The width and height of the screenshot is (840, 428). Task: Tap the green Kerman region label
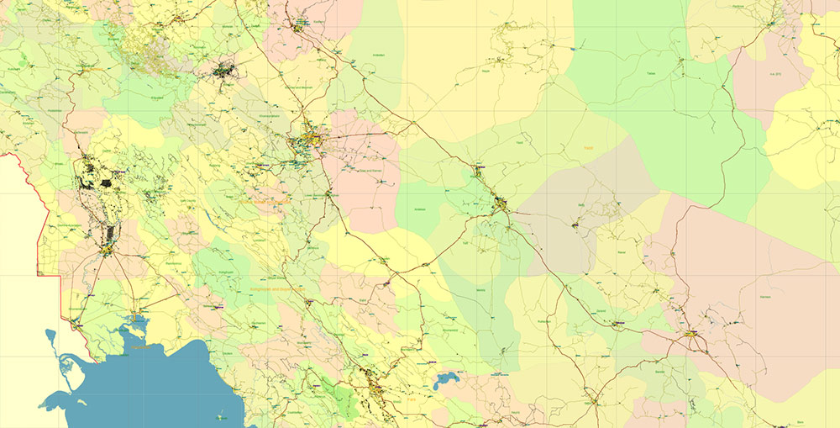(744, 296)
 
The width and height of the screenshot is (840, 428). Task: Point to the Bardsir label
(659, 371)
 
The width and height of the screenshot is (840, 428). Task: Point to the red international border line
(36, 219)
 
